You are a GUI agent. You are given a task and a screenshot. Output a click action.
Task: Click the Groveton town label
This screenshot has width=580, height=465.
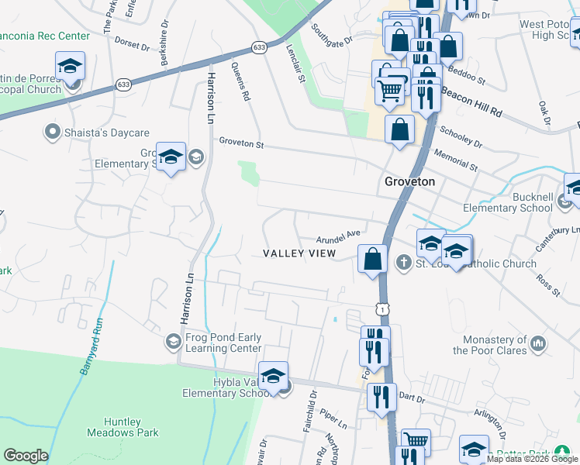[x=410, y=181]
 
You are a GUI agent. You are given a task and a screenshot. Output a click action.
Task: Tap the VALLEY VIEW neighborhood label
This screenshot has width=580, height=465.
[x=299, y=253]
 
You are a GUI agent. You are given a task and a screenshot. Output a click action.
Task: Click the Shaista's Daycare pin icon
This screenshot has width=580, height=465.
[x=54, y=132]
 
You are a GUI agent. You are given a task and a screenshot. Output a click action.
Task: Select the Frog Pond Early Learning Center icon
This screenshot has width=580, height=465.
[x=173, y=341]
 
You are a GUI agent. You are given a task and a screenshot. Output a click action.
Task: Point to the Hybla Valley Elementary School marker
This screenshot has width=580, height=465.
[x=273, y=377]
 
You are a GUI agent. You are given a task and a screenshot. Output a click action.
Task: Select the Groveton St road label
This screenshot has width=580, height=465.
[x=242, y=143]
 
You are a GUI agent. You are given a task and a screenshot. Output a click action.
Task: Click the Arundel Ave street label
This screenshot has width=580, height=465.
[x=338, y=235]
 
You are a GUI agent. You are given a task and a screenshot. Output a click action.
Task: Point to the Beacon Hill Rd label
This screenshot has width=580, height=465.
[x=471, y=102]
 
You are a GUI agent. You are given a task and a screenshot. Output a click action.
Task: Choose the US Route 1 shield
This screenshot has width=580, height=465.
[x=381, y=308]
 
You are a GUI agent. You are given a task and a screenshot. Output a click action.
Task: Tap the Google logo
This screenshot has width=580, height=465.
[x=26, y=456]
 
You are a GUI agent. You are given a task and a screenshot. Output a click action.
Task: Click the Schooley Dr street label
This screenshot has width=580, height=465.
[x=461, y=138]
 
